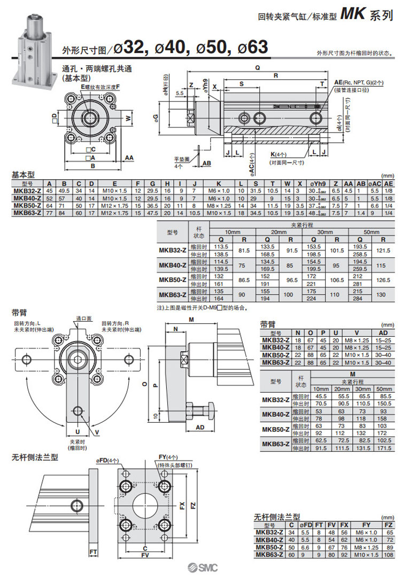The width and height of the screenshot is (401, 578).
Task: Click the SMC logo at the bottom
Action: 200,569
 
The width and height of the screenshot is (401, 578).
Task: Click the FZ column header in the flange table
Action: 389,526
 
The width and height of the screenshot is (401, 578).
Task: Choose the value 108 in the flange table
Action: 389,555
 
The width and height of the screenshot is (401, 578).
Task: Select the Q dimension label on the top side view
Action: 257,68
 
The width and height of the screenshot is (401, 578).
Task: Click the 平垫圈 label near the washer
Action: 182,160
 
